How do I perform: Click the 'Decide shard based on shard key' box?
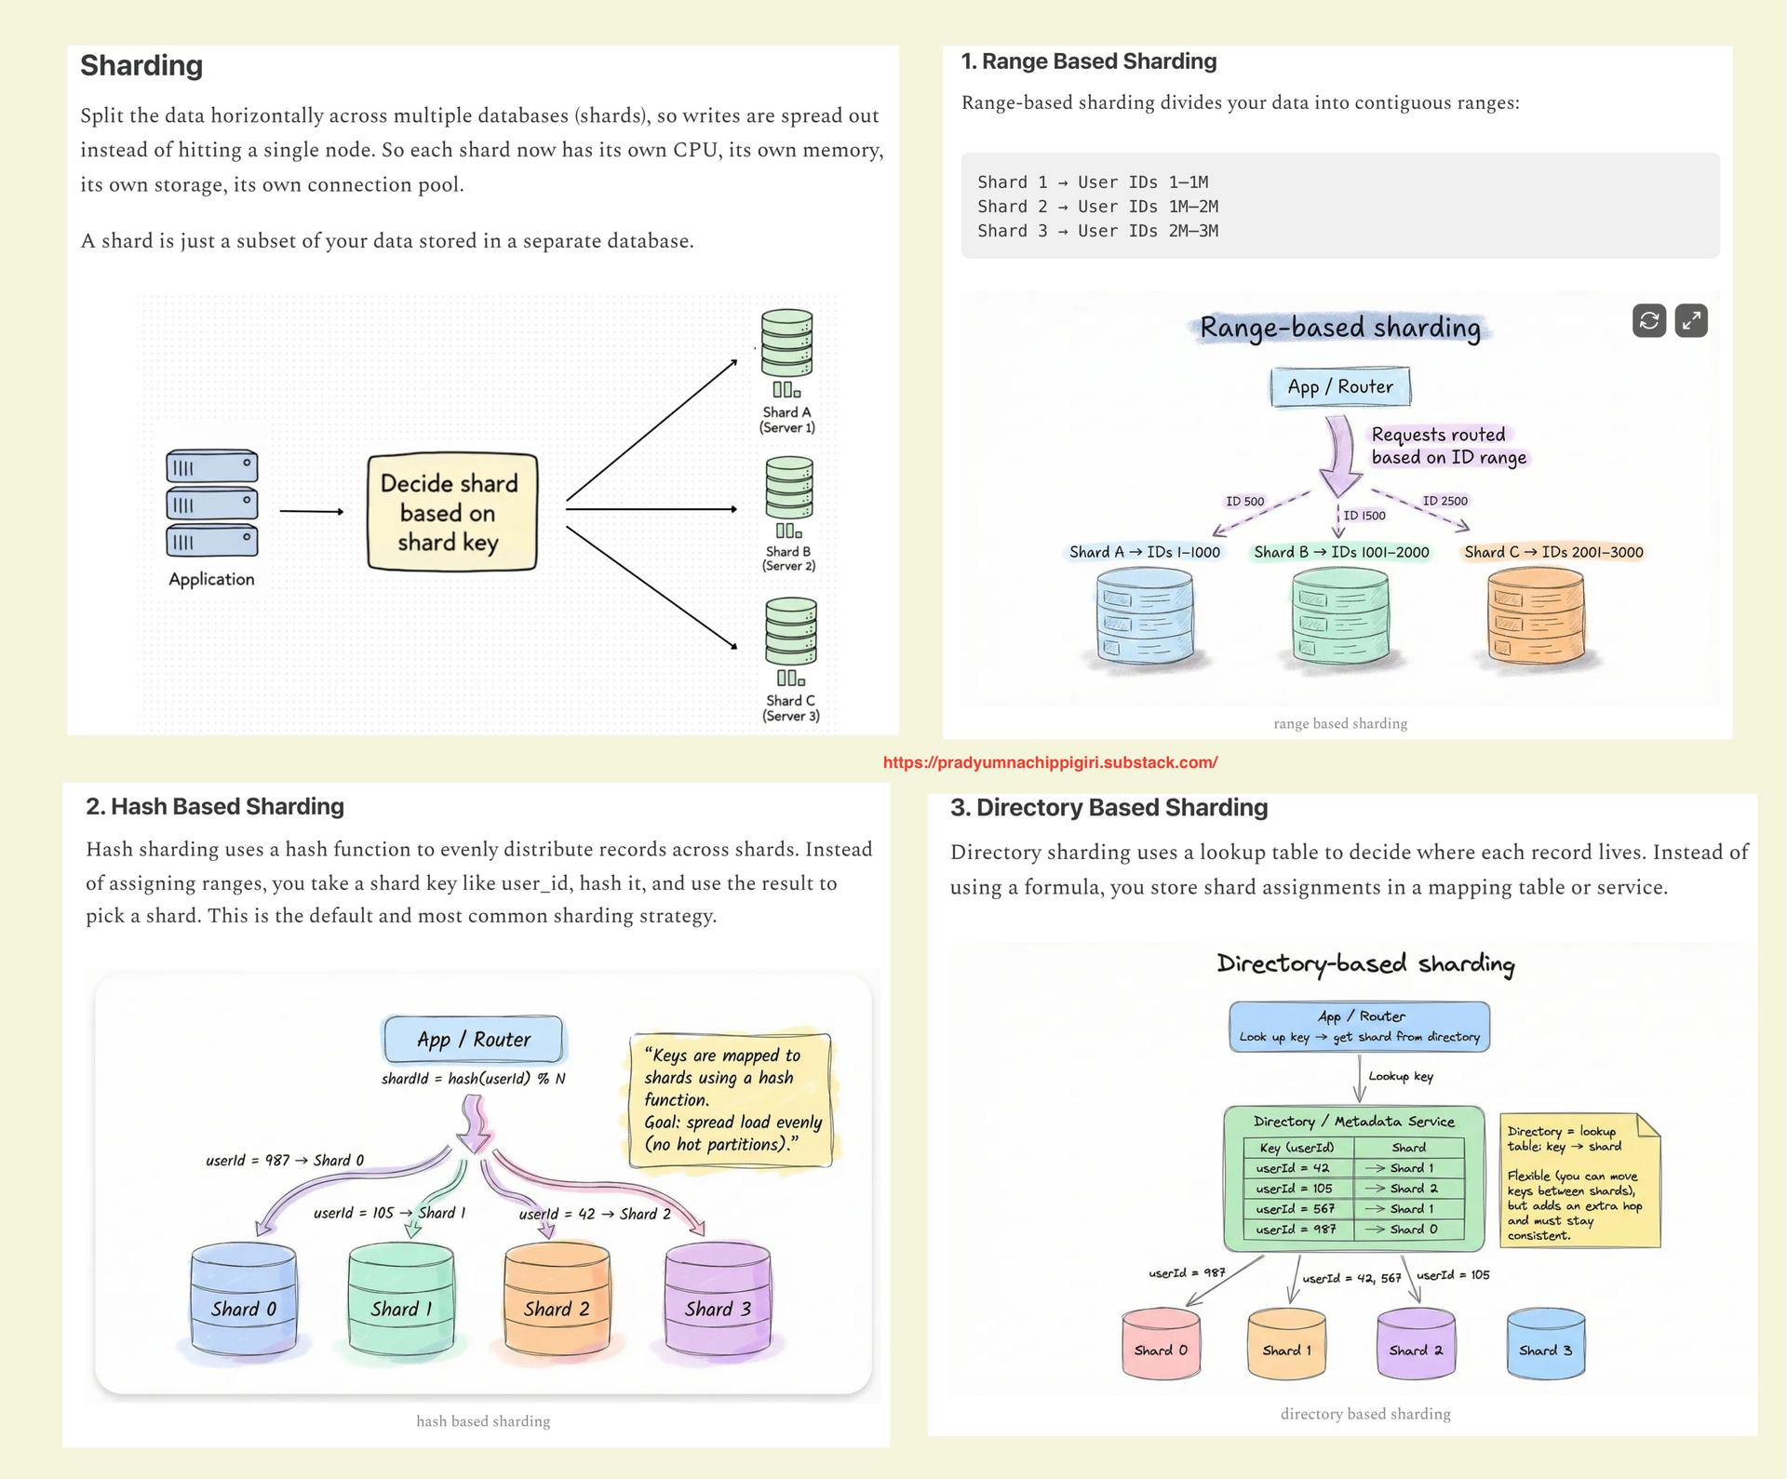pyautogui.click(x=452, y=512)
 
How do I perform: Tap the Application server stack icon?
pyautogui.click(x=212, y=504)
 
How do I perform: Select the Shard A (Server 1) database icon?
pyautogui.click(x=786, y=343)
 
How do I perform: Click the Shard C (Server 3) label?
pyautogui.click(x=790, y=708)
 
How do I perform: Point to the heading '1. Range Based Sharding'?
pyautogui.click(x=1088, y=61)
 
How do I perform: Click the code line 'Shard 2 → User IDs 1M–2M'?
pyautogui.click(x=1097, y=207)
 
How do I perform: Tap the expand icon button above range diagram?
pyautogui.click(x=1690, y=321)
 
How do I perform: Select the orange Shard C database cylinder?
pyautogui.click(x=1536, y=617)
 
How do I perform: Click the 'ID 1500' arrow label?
pyautogui.click(x=1364, y=515)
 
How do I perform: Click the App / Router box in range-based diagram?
pyautogui.click(x=1340, y=387)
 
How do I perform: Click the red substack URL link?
pyautogui.click(x=1050, y=762)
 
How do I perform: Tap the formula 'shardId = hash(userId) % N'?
pyautogui.click(x=473, y=1079)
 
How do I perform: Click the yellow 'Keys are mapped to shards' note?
pyautogui.click(x=732, y=1099)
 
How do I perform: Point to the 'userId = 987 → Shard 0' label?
pyautogui.click(x=285, y=1161)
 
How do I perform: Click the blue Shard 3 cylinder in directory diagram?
pyautogui.click(x=1545, y=1343)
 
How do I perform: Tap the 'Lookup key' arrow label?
pyautogui.click(x=1400, y=1077)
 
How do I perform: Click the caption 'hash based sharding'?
pyautogui.click(x=483, y=1421)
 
